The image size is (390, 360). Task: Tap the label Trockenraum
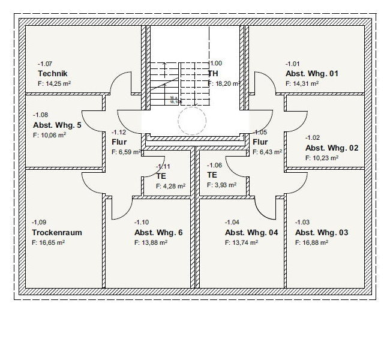point(57,232)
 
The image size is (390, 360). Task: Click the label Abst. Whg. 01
point(312,74)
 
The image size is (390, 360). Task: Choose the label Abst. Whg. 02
point(332,148)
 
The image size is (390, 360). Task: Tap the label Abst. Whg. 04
point(251,232)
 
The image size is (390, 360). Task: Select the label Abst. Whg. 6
point(158,232)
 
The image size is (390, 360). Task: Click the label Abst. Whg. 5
point(58,125)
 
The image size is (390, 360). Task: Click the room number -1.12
point(119,132)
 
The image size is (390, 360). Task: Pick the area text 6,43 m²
point(267,152)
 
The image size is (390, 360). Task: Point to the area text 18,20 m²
point(225,84)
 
